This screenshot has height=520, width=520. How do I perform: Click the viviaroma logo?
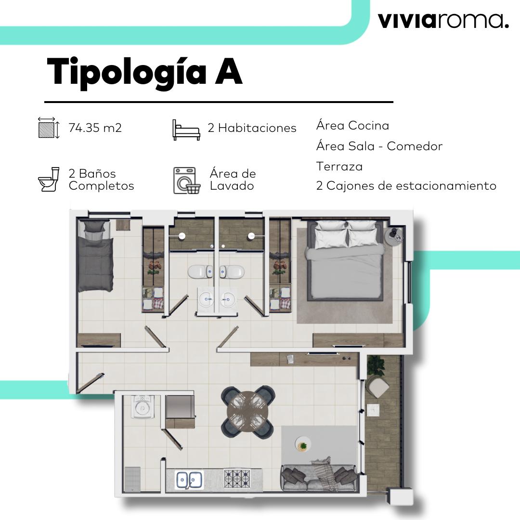443,21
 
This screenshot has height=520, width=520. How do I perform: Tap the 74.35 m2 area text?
95,128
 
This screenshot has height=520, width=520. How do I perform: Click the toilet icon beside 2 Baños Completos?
48,180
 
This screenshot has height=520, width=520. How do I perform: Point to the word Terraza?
339,167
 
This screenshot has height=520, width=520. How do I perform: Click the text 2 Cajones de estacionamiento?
406,186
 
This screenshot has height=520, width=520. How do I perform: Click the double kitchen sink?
189,480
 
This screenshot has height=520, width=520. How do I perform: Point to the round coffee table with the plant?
303,445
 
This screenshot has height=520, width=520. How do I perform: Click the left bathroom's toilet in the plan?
199,272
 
